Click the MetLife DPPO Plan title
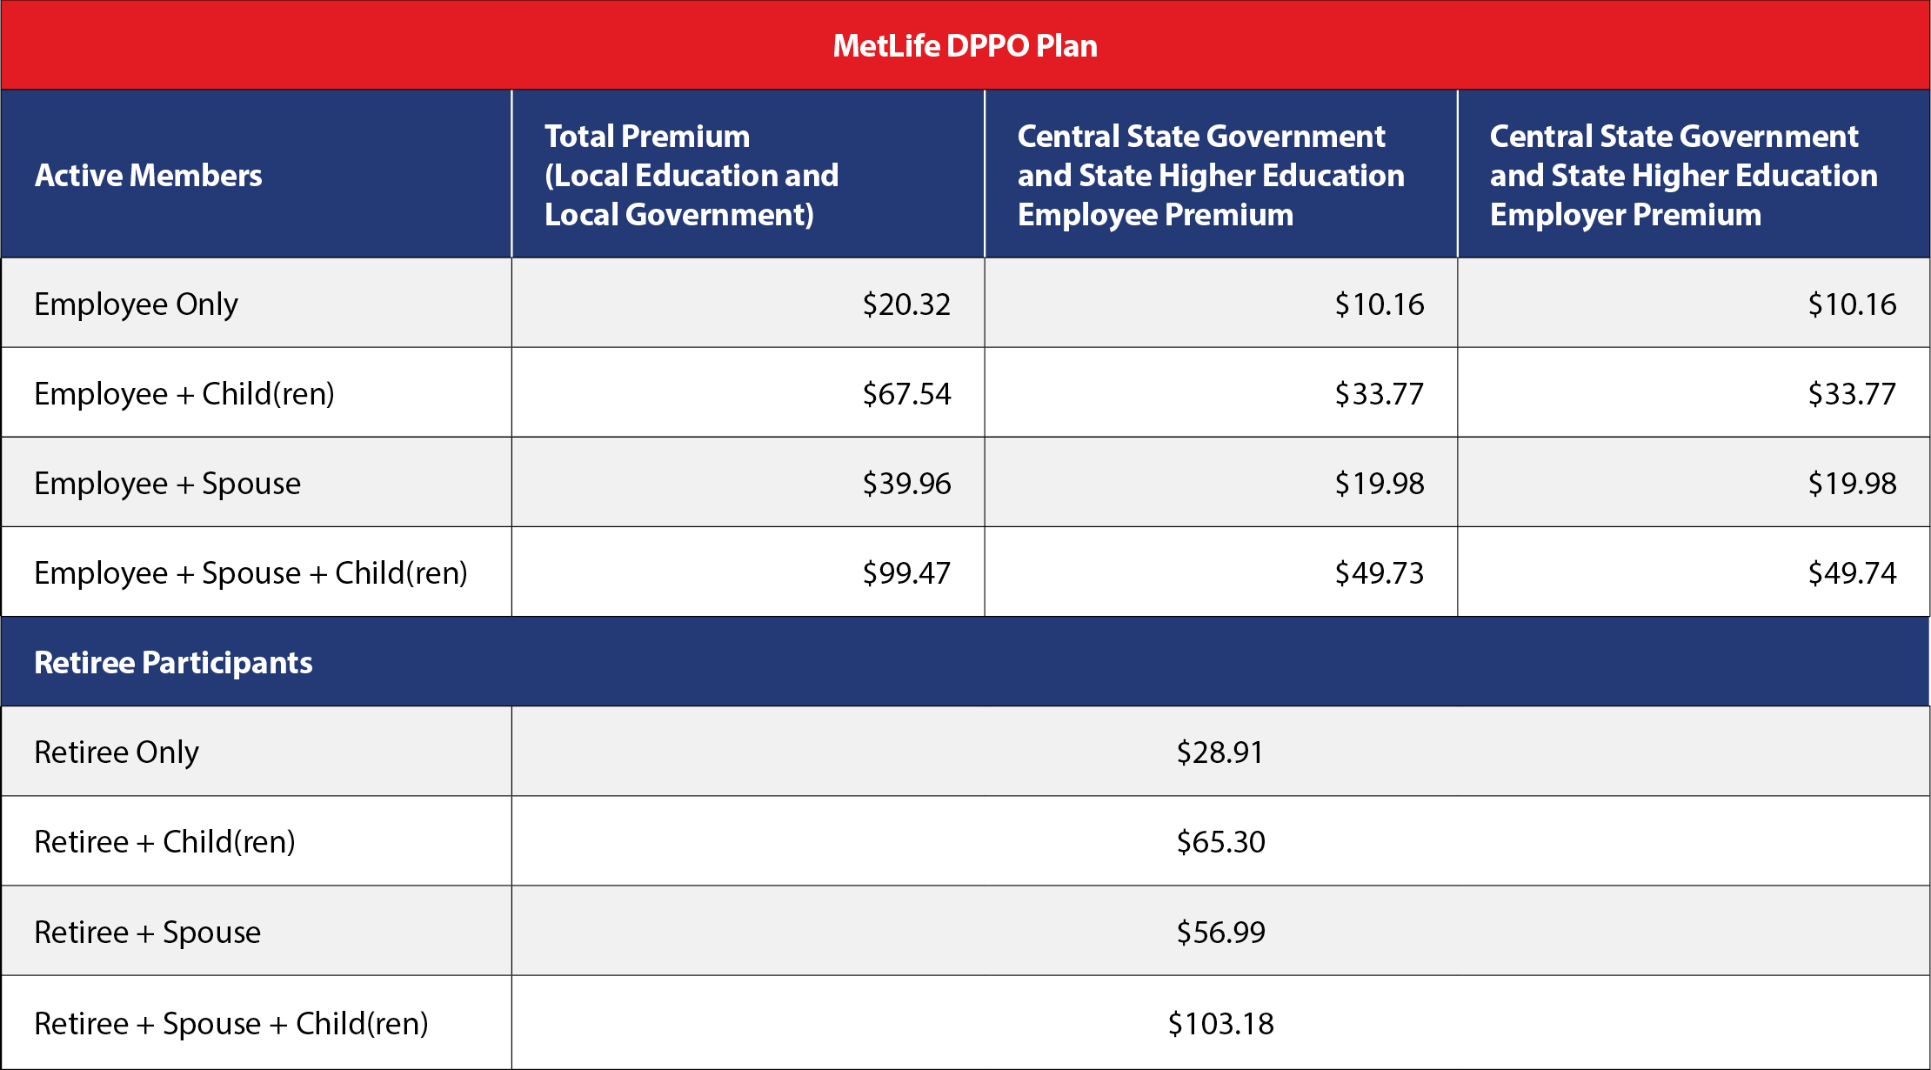point(965,45)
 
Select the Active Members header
point(148,175)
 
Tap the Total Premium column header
point(692,175)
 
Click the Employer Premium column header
point(1683,175)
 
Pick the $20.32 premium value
point(906,304)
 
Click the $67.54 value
point(906,393)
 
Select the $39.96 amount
point(906,483)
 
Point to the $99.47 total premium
point(906,572)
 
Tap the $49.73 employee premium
point(1380,572)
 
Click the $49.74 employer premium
point(1852,572)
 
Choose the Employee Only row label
point(136,304)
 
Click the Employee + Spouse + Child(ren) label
point(251,573)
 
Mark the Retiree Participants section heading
point(173,663)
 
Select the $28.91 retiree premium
point(1219,752)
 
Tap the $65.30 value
point(1220,841)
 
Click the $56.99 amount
point(1220,932)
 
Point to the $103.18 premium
point(1220,1023)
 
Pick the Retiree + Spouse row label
point(147,933)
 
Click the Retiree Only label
point(117,752)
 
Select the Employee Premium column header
point(1211,175)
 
